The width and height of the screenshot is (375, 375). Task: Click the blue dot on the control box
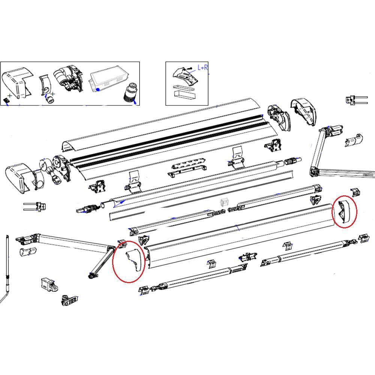point(97,90)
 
